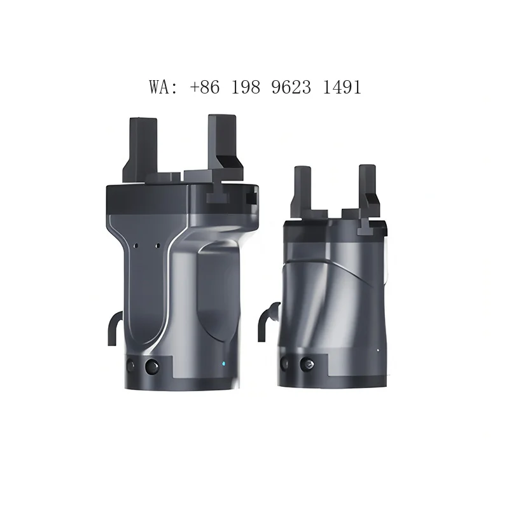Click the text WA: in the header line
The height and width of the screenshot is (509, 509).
pyautogui.click(x=164, y=87)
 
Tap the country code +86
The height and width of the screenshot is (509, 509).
pyautogui.click(x=204, y=87)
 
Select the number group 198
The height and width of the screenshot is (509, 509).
pyautogui.click(x=246, y=87)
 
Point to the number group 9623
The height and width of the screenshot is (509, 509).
pyautogui.click(x=291, y=87)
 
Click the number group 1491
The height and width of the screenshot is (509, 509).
pyautogui.click(x=342, y=87)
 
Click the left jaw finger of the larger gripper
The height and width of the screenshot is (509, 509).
pyautogui.click(x=140, y=150)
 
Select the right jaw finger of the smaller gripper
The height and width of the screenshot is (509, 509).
pyautogui.click(x=369, y=192)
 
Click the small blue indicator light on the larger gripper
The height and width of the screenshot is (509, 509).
pyautogui.click(x=223, y=363)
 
